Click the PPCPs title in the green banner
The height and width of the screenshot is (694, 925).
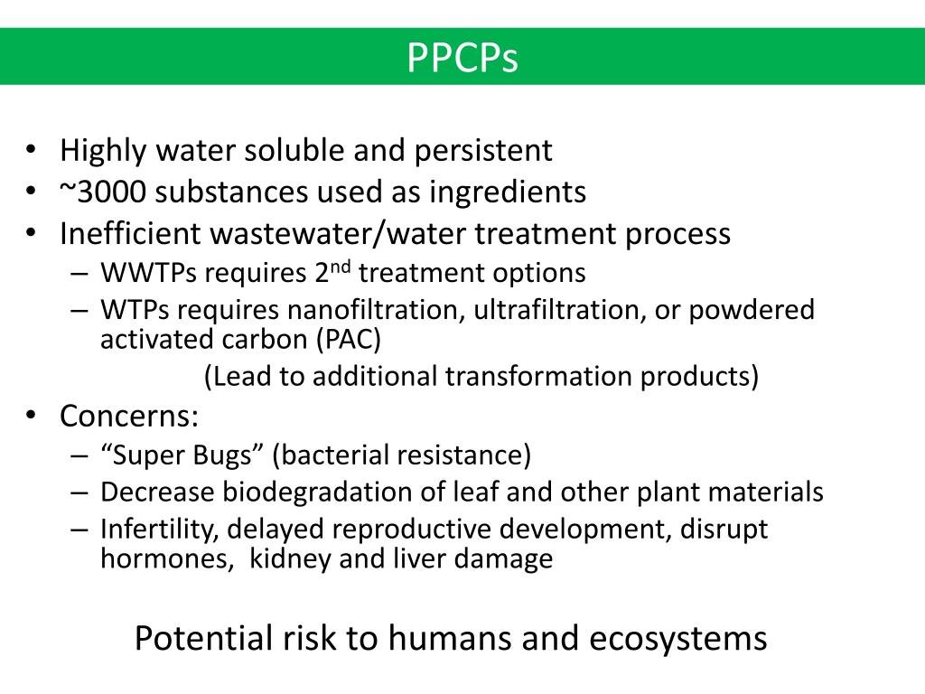(x=462, y=57)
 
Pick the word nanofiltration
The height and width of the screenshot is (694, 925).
(x=376, y=310)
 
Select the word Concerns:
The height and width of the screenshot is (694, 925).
(x=129, y=417)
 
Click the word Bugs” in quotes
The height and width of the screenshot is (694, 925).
(x=231, y=455)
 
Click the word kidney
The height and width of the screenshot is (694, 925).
(x=290, y=558)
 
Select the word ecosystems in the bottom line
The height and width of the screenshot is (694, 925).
(x=678, y=638)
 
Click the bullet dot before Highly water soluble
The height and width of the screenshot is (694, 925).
(x=32, y=150)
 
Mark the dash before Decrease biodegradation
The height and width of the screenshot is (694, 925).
(x=78, y=492)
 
